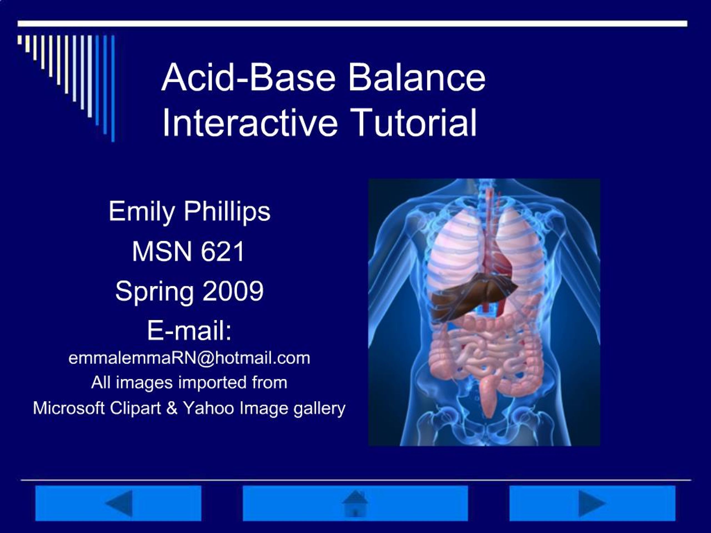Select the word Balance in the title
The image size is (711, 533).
[417, 77]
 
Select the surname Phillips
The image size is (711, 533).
[227, 212]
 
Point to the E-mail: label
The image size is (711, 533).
[189, 331]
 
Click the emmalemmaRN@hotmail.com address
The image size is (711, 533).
[189, 358]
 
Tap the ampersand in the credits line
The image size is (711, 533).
[172, 408]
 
